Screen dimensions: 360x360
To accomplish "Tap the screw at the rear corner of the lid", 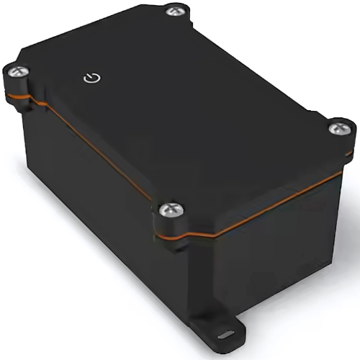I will point(173,11).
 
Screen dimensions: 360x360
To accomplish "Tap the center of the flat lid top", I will point(173,108).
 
